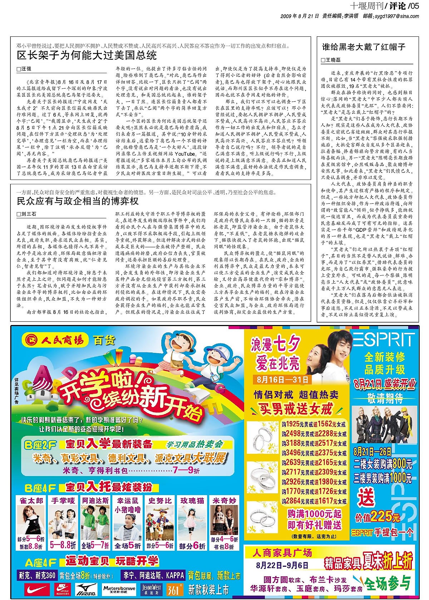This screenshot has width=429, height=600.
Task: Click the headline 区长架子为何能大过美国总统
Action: point(87,55)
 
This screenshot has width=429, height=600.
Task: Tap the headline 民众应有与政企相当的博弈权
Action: point(78,201)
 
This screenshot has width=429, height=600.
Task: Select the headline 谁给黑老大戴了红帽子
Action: point(364,47)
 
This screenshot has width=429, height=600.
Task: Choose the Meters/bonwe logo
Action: point(119,589)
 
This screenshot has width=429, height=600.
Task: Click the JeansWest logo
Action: point(151,589)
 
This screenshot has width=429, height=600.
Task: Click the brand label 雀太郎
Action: point(31,501)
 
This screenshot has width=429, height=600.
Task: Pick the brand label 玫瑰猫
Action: point(192,501)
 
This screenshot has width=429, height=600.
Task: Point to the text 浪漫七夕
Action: point(275,345)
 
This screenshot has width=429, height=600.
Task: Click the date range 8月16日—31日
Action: point(282,379)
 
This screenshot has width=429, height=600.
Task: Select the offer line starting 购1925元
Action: point(314,424)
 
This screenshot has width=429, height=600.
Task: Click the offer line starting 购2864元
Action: point(314,501)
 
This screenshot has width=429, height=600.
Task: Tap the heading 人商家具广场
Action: point(282,553)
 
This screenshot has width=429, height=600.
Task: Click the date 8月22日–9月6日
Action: point(282,565)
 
